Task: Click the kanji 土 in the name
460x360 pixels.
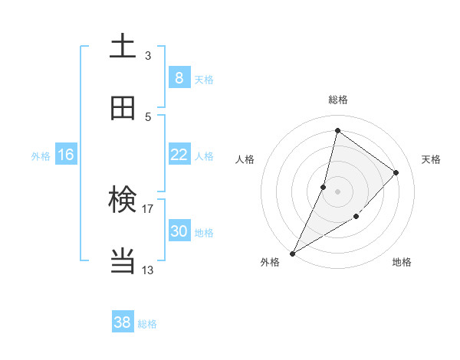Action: (x=123, y=47)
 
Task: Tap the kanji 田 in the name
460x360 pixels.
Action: (x=123, y=108)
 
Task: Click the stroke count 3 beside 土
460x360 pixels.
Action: (x=148, y=55)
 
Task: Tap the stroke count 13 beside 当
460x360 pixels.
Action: (x=147, y=270)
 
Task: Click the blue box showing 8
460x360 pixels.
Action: (x=179, y=77)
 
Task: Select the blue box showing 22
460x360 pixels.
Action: (x=179, y=155)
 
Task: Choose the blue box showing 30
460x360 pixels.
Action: (x=179, y=231)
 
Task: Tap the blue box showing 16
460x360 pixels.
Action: (x=66, y=155)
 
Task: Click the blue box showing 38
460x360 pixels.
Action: (x=123, y=322)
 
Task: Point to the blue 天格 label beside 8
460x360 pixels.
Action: (x=204, y=80)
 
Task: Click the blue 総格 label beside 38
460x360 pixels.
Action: (x=147, y=325)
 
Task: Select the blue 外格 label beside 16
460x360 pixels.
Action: (x=41, y=156)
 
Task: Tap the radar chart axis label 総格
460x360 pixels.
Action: (x=337, y=100)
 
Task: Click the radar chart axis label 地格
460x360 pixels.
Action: (x=402, y=263)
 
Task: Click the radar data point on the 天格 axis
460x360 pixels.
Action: (x=396, y=172)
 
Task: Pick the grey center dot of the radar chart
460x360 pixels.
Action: (x=337, y=191)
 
